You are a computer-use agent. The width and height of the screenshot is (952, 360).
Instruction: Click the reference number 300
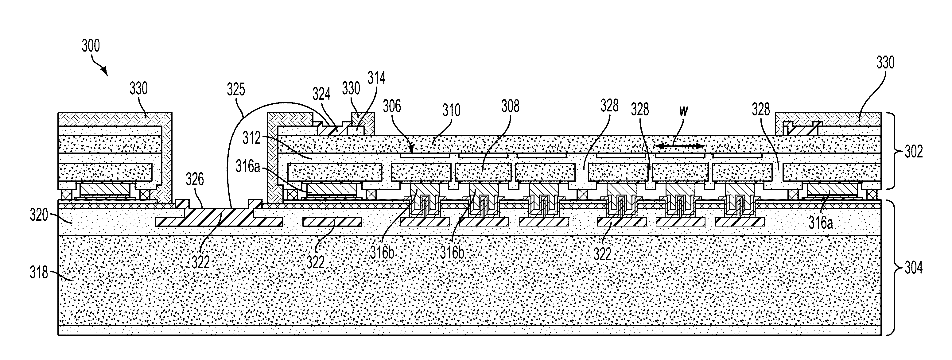91,46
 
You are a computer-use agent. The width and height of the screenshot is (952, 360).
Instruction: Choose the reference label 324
321,95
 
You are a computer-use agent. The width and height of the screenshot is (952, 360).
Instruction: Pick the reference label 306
392,106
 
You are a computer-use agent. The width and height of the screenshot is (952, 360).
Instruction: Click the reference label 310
451,110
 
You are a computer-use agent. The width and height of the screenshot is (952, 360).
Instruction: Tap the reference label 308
510,106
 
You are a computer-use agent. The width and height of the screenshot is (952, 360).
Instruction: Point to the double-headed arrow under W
680,146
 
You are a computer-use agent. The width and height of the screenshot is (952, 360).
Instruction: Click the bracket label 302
914,152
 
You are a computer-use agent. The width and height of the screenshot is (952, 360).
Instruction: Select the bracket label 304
914,268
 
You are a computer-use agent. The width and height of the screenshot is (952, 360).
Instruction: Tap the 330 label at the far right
885,63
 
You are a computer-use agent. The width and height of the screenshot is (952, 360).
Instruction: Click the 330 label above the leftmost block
138,89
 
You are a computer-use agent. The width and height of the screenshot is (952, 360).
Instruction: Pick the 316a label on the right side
820,223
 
